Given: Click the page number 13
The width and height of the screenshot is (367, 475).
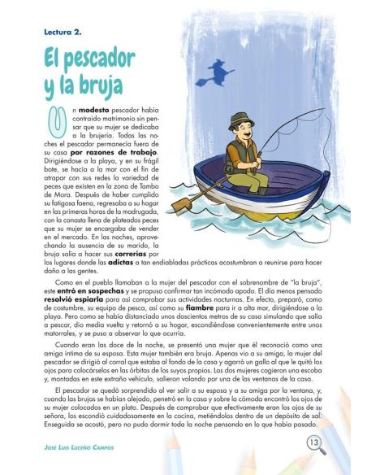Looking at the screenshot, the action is (313, 442).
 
